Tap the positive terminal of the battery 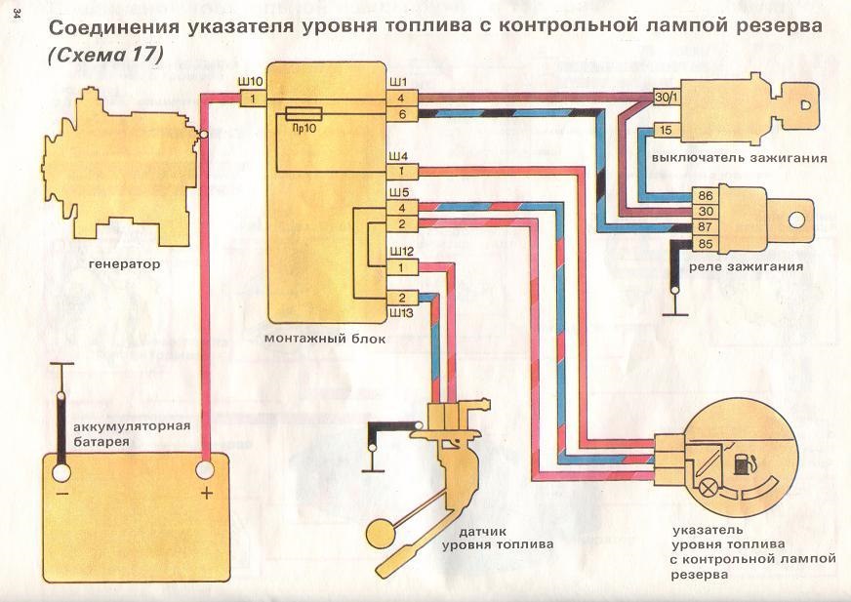pyautogui.click(x=206, y=472)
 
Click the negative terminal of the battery pyautogui.click(x=61, y=473)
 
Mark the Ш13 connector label pyautogui.click(x=402, y=314)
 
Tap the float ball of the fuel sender pyautogui.click(x=379, y=533)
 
